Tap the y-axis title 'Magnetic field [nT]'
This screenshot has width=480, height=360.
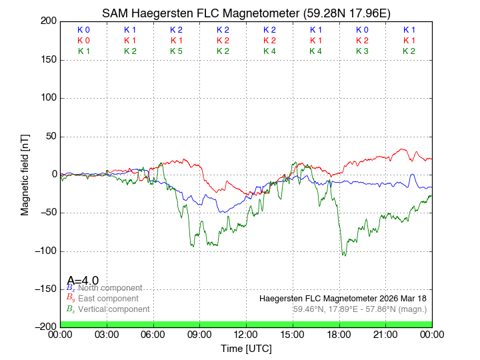[25, 173]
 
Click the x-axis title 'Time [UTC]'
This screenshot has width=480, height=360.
[246, 349]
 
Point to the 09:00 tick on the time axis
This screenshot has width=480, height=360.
[199, 334]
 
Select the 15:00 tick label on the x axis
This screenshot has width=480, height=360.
[293, 334]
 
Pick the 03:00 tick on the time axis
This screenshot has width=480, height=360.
[107, 334]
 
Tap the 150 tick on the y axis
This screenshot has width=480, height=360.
[47, 60]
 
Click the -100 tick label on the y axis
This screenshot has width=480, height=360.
[44, 251]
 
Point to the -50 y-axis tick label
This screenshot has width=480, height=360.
[47, 213]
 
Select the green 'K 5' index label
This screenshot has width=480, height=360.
[176, 51]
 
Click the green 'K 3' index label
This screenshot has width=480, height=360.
[362, 51]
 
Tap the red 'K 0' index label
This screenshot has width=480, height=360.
[83, 41]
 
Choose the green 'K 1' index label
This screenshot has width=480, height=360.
[83, 51]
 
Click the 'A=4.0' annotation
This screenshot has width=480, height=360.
[83, 281]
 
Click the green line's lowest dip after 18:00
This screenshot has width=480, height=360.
[344, 255]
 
